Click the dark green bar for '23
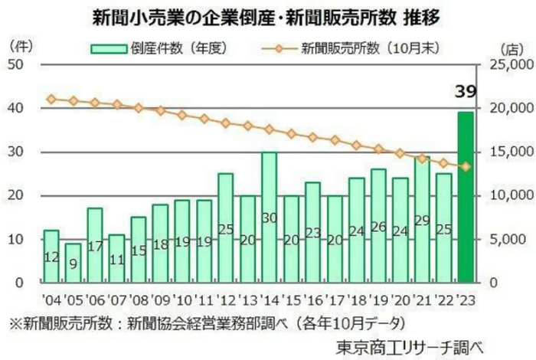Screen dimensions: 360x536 coord(466,197)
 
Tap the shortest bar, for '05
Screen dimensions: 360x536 coord(73,263)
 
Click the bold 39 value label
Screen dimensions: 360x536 coord(466,93)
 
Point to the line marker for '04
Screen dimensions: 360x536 coord(51,99)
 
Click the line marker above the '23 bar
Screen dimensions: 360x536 coord(466,166)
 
